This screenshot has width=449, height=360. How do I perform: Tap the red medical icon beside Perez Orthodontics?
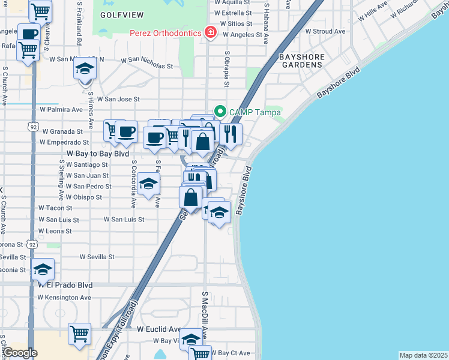(210, 32)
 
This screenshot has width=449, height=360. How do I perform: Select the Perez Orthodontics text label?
(165, 33)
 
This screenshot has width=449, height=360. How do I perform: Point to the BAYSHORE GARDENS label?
(303, 61)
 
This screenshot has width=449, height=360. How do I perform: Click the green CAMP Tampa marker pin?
(220, 112)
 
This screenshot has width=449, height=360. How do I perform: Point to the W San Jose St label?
(118, 99)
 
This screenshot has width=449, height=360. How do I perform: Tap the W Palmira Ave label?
(61, 110)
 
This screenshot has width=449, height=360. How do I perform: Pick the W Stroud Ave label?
(325, 31)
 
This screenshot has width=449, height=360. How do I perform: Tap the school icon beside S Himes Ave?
(85, 68)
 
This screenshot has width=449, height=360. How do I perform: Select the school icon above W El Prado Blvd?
(42, 269)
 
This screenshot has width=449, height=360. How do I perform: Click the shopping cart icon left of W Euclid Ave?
(79, 334)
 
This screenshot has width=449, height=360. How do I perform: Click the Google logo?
(20, 353)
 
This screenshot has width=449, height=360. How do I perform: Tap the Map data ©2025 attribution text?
(423, 355)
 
